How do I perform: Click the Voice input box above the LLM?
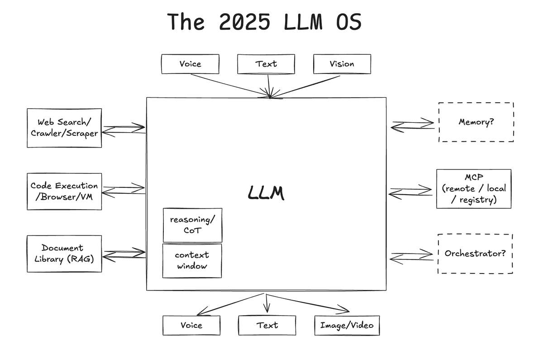coord(191,64)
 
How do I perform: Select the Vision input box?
coord(342,64)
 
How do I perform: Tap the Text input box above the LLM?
coord(266,64)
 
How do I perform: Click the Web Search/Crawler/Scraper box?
coord(64,128)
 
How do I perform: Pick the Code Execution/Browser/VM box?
coord(64,192)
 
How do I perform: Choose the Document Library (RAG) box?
coord(64,254)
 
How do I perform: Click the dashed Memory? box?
coord(476,122)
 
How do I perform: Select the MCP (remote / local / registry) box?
coord(474,189)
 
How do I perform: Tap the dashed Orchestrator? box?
coord(475,254)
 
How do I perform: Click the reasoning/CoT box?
coord(192,225)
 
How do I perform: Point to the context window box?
coord(192,261)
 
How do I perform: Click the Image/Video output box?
coord(347,325)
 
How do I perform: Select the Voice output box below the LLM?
coord(191,325)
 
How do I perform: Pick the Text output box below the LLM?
coord(267,325)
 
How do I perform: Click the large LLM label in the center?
coord(266,193)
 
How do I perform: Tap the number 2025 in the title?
coord(245,22)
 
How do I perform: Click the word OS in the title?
coord(349,22)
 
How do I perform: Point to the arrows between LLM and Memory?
coord(413,125)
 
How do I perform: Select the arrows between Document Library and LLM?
coord(124,254)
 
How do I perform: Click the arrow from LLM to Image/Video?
coord(308,303)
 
